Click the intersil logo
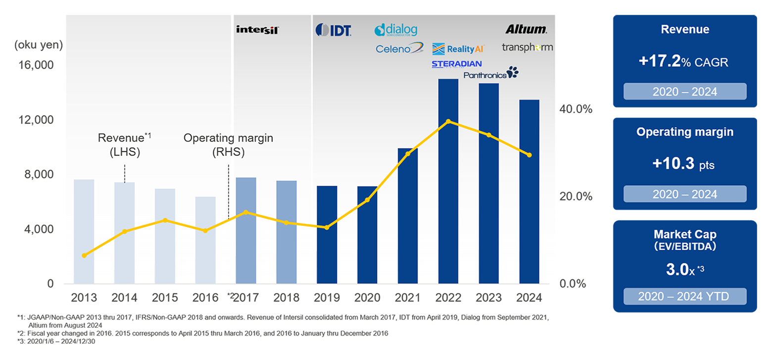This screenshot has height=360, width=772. pyautogui.click(x=257, y=30)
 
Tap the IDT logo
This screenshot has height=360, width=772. pyautogui.click(x=334, y=30)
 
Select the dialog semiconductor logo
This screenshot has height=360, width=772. pyautogui.click(x=396, y=30)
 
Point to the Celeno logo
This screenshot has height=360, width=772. pyautogui.click(x=399, y=49)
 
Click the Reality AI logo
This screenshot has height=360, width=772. pyautogui.click(x=458, y=49)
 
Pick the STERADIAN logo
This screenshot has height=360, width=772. pyautogui.click(x=456, y=64)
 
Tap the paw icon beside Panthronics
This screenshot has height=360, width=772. pyautogui.click(x=513, y=72)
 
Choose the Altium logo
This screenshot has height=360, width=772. pyautogui.click(x=526, y=29)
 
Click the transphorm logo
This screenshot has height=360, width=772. pyautogui.click(x=527, y=48)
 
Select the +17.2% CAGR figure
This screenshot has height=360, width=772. pyautogui.click(x=684, y=62)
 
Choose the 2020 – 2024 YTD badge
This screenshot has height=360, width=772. pyautogui.click(x=684, y=297)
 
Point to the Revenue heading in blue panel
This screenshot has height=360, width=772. pyautogui.click(x=684, y=30)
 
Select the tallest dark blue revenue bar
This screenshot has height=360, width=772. pyautogui.click(x=448, y=181)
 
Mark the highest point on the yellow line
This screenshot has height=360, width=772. pyautogui.click(x=448, y=121)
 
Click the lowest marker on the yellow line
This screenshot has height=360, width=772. pyautogui.click(x=84, y=256)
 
